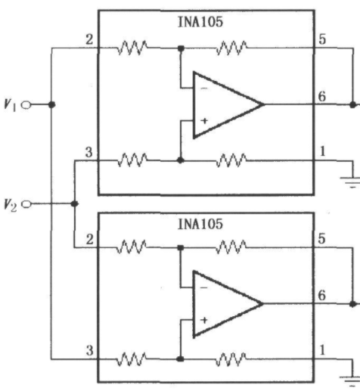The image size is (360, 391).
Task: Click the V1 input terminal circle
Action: [26, 104]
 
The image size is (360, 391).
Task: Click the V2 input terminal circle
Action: [26, 203]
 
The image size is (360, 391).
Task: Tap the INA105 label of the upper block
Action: [200, 22]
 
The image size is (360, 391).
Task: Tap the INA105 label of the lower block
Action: [200, 224]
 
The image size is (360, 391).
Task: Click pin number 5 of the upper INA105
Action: [322, 39]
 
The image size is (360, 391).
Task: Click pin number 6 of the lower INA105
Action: [322, 295]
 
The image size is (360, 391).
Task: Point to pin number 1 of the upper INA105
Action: [322, 151]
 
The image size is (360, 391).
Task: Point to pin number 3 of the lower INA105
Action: [90, 351]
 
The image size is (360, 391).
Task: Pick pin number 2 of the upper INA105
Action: [89, 39]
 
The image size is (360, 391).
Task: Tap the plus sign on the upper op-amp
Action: [204, 121]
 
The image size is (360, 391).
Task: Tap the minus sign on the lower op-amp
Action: [204, 287]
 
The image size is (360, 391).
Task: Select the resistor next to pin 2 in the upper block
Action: [133, 48]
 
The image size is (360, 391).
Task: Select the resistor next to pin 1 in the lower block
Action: [231, 359]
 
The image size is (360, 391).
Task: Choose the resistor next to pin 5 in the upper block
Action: [232, 48]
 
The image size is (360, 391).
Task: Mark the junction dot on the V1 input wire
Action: [51, 104]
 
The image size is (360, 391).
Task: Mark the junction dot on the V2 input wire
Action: [74, 203]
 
